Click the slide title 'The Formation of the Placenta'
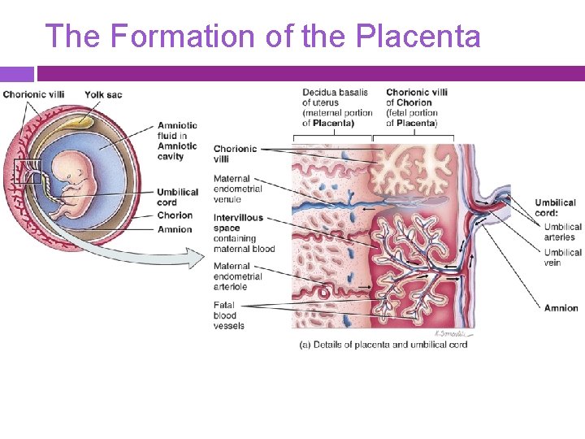262,37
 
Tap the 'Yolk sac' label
103,95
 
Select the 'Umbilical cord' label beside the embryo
177,198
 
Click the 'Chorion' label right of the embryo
175,215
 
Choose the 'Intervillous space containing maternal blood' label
244,233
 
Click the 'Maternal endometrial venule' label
237,189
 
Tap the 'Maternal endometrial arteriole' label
237,276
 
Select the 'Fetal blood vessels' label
228,315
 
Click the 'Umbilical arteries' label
563,232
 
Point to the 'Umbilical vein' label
563,257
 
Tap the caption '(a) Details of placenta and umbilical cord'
383,345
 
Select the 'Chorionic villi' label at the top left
33,95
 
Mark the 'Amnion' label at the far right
561,308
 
